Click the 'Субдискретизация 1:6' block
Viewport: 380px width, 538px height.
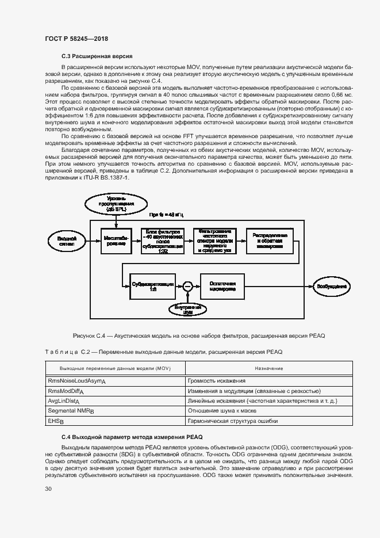(151, 285)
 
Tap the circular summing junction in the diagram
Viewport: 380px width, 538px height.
(186, 285)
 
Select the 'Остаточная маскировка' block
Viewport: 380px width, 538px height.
(222, 285)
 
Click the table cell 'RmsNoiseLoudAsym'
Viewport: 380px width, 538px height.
(76, 381)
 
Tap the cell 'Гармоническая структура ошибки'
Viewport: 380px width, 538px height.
(233, 421)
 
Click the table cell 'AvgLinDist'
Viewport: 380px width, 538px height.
(64, 401)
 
